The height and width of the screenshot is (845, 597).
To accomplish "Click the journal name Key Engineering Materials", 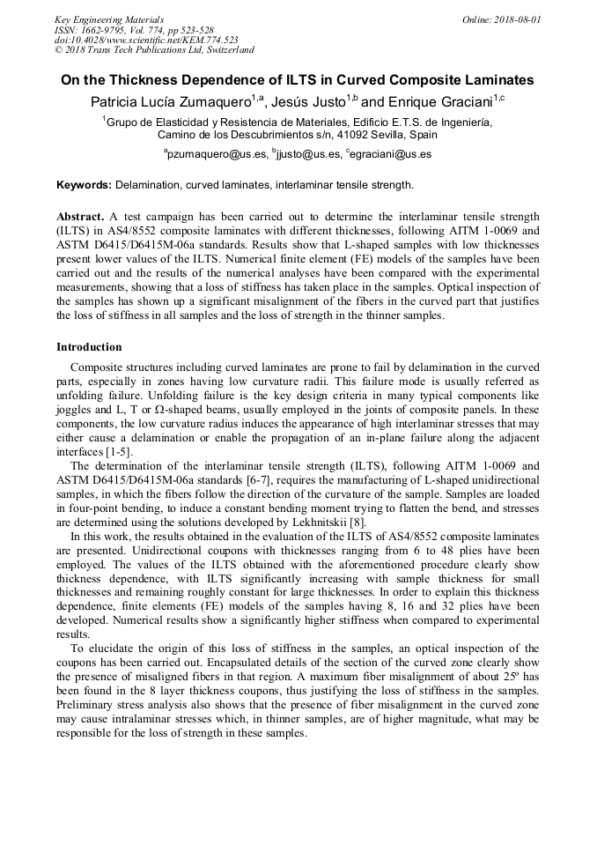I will [x=109, y=19].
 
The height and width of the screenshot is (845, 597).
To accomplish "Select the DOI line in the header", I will [x=146, y=40].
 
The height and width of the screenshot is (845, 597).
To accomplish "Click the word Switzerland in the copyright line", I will [x=225, y=50].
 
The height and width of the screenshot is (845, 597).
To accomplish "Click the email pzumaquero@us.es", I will [x=217, y=154].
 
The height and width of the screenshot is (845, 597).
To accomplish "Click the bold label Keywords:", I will [x=85, y=185].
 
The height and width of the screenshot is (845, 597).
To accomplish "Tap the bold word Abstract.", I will [x=81, y=216].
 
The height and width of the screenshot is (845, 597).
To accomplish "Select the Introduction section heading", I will [x=89, y=347].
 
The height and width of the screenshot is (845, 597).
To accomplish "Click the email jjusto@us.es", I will [x=306, y=154].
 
